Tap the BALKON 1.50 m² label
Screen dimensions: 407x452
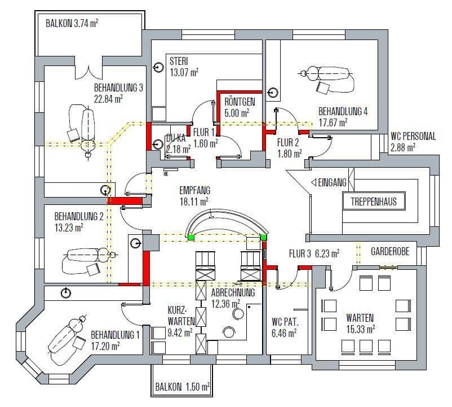pos(183,387)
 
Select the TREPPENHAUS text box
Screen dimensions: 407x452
pos(374,202)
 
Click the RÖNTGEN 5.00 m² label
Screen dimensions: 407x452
pos(240,107)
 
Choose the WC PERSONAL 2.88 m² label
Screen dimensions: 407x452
pos(413,142)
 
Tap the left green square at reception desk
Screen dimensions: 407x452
pos(191,238)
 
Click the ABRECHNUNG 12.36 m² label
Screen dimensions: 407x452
pos(233,299)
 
